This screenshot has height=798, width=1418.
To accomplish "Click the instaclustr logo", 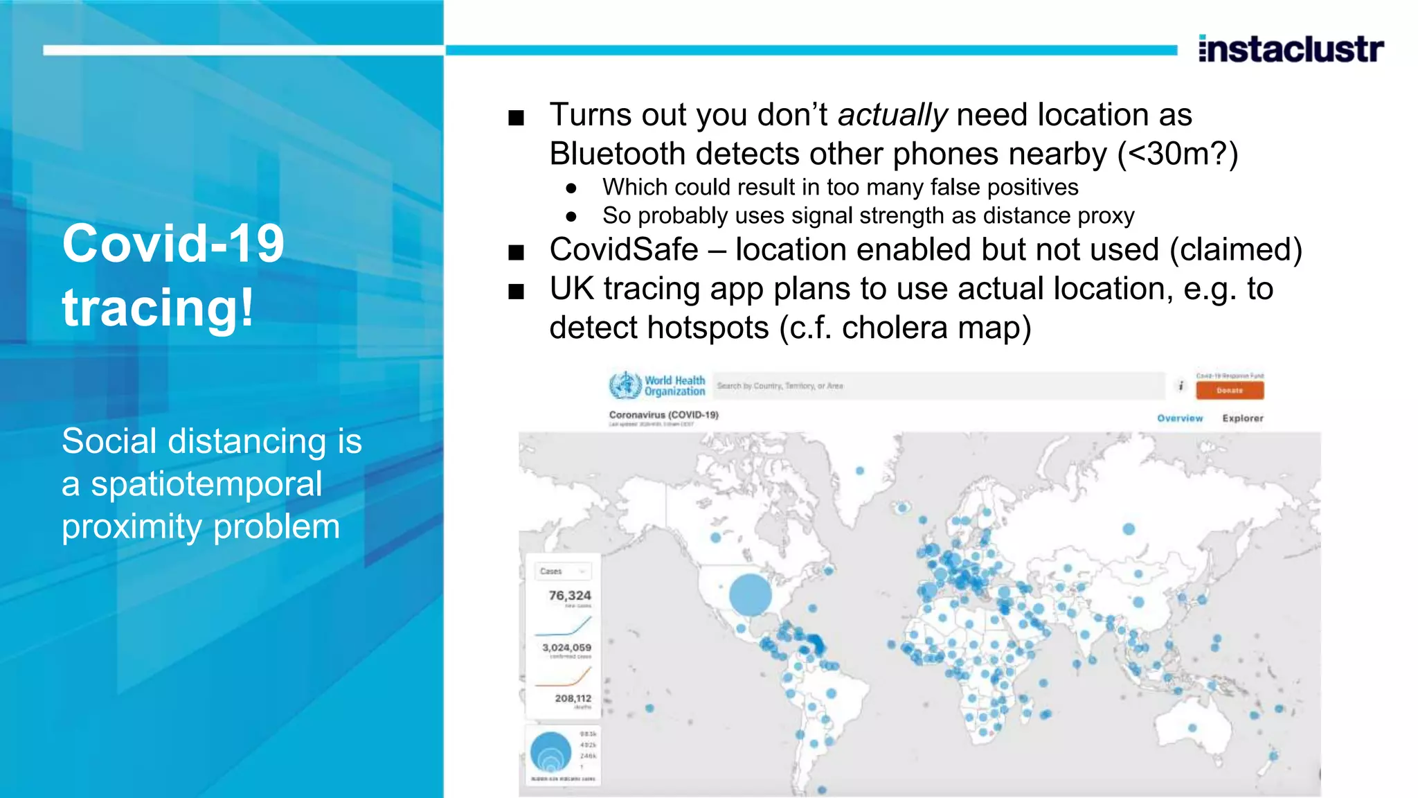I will point(1291,49).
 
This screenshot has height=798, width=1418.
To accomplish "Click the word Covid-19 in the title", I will point(173,244).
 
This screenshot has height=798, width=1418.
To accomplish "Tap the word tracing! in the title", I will point(158,308).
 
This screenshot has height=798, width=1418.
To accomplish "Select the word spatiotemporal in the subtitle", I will point(206,484).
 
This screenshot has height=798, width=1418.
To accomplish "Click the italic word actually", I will point(892,115).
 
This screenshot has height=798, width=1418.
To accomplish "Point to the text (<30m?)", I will point(1177,154).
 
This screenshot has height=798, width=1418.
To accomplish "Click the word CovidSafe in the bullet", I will point(624,250).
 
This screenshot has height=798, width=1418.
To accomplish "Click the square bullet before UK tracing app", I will point(516,292).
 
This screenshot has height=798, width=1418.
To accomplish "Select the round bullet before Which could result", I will point(571,188).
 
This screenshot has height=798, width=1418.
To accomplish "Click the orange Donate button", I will point(1229,391).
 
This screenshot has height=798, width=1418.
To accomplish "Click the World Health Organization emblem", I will point(625,386).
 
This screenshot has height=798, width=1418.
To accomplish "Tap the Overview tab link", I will point(1180,418).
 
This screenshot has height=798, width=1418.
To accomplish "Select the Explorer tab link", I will point(1242,418).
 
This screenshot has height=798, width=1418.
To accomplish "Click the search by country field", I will point(938,386).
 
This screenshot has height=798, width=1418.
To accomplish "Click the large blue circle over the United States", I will point(750,594).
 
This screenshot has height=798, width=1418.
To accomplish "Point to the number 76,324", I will point(570,596).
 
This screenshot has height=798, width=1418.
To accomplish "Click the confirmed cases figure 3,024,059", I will point(566,648).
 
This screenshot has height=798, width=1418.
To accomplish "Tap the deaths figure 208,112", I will point(573,698).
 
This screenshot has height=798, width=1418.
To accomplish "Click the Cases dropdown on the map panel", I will point(563,571).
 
